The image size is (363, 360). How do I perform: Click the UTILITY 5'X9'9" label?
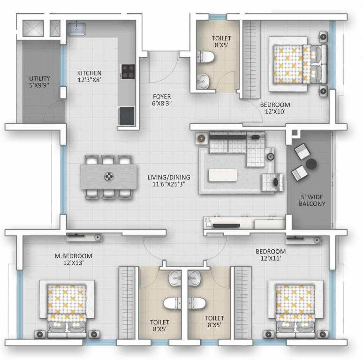coord(39,82)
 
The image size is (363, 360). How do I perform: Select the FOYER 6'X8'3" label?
coord(162,101)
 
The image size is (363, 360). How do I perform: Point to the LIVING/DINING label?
coord(169,181)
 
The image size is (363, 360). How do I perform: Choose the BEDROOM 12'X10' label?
coord(275,108)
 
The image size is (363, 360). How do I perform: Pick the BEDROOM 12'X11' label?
coord(271,255)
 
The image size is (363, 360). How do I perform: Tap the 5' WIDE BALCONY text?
coord(311,200)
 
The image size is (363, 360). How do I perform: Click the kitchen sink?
coord(77,29)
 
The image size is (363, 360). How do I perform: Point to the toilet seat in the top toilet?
coord(207,57)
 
